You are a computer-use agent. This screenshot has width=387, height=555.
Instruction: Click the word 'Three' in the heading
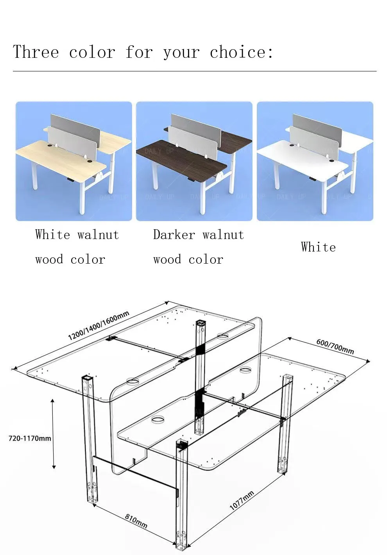click(36, 52)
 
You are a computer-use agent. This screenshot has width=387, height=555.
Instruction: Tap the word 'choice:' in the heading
click(241, 52)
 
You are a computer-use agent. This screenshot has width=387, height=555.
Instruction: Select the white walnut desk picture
click(73, 161)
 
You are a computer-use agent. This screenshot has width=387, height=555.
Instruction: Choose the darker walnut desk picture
click(194, 161)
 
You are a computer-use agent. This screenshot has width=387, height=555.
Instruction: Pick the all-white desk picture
click(315, 161)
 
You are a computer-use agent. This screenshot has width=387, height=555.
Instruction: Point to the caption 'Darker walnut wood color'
click(198, 247)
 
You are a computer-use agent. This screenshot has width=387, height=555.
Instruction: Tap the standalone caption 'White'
click(318, 247)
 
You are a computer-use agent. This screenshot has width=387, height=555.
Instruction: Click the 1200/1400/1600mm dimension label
click(98, 326)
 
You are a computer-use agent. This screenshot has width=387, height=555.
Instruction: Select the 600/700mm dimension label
click(335, 347)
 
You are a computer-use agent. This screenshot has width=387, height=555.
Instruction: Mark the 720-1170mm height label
click(30, 438)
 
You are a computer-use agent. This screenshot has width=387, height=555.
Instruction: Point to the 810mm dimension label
click(136, 521)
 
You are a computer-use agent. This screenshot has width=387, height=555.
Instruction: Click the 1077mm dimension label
click(242, 500)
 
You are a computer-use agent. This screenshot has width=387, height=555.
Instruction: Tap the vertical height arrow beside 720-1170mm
click(54, 434)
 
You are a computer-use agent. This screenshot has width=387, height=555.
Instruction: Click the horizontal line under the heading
click(194, 71)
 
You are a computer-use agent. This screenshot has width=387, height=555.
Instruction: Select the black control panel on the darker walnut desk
click(191, 180)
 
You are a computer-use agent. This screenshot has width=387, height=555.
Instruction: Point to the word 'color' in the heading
click(92, 52)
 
